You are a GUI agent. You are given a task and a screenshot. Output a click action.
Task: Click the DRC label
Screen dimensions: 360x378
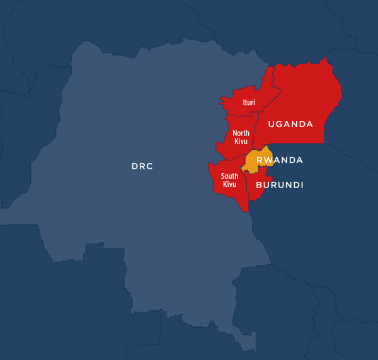pyautogui.click(x=142, y=167)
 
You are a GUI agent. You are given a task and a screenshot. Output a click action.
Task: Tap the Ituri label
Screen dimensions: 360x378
pyautogui.click(x=249, y=102)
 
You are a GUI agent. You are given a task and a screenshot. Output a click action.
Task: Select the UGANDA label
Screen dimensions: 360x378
pyautogui.click(x=290, y=124)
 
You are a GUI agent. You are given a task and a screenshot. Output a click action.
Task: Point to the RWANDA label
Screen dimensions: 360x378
pyautogui.click(x=280, y=160)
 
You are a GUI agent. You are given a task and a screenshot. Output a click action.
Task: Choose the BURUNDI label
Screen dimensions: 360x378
pyautogui.click(x=280, y=185)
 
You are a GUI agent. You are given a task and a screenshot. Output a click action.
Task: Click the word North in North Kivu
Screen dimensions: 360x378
pyautogui.click(x=241, y=133)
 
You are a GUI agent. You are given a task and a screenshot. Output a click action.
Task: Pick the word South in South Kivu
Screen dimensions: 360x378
pyautogui.click(x=229, y=176)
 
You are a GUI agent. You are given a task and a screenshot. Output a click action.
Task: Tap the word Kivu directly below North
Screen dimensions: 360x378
pyautogui.click(x=241, y=142)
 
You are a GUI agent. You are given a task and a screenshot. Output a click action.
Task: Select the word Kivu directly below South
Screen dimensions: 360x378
pyautogui.click(x=229, y=184)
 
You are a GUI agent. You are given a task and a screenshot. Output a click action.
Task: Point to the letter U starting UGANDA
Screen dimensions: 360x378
pyautogui.click(x=272, y=124)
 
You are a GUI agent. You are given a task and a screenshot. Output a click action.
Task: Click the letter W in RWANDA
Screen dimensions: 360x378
pyautogui.click(x=268, y=160)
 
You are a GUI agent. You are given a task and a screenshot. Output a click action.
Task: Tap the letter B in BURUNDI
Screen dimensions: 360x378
pyautogui.click(x=259, y=185)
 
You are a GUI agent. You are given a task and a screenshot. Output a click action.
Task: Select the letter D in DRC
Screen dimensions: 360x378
pyautogui.click(x=134, y=167)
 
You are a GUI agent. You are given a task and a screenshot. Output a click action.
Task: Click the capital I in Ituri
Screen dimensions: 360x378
pyautogui.click(x=244, y=102)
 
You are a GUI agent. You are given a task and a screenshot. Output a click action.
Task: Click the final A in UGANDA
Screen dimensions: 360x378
pyautogui.click(x=309, y=124)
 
